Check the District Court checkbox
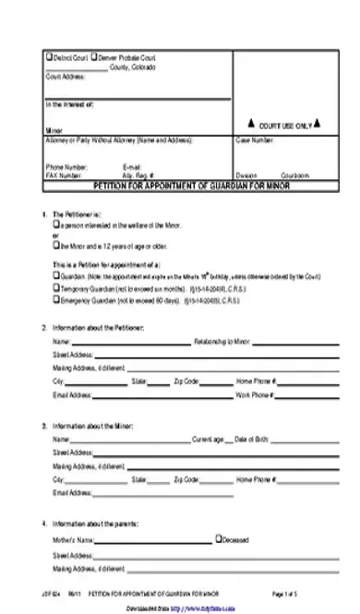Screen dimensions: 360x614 (49, 59)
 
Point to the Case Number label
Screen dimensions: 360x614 (255, 140)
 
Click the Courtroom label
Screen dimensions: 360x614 (295, 175)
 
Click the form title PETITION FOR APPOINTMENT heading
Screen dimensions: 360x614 (185, 186)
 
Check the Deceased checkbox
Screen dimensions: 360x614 (218, 538)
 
